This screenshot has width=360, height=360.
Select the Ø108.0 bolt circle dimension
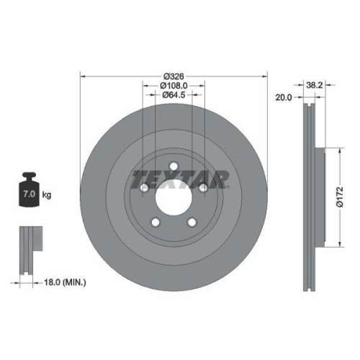173,86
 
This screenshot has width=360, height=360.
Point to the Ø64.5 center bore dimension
173,94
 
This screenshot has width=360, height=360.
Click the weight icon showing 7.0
30,191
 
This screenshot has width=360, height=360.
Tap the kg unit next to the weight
47,195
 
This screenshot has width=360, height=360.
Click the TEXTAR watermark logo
180,177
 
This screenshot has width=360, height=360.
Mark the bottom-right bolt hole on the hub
192,222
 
